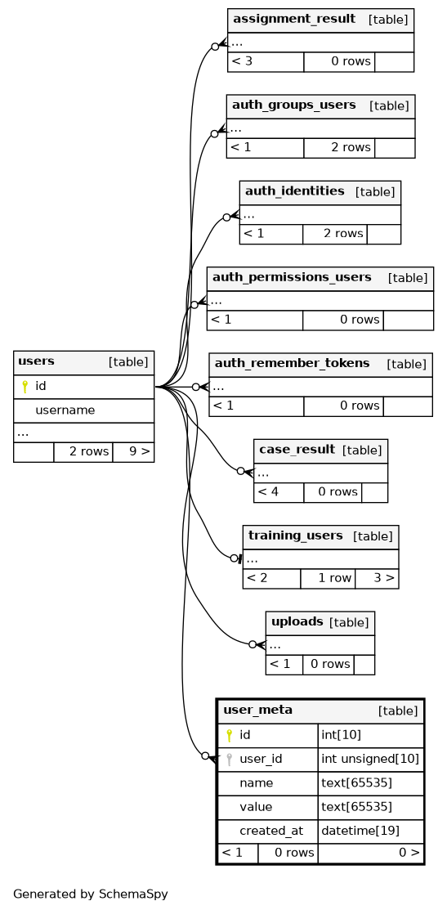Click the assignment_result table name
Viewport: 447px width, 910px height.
click(294, 19)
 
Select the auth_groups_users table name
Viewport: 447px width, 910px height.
click(293, 105)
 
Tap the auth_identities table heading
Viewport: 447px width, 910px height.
click(294, 191)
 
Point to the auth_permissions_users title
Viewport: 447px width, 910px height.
click(292, 277)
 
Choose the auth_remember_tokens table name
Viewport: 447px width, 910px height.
click(293, 363)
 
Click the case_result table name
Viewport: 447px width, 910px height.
click(297, 449)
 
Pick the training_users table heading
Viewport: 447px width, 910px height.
click(295, 535)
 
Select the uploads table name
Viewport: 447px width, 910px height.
click(297, 621)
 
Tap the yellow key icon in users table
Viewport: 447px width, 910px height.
click(25, 387)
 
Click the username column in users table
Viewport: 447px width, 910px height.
click(65, 410)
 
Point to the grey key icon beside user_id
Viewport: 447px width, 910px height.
click(229, 759)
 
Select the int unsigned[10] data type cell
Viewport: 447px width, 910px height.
click(370, 759)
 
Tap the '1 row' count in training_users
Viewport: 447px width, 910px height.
click(335, 578)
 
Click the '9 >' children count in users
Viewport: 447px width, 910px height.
click(140, 451)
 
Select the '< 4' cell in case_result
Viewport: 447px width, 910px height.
click(268, 492)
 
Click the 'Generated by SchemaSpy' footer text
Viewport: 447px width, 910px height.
click(91, 894)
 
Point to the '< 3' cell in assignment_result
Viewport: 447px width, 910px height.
click(242, 61)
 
